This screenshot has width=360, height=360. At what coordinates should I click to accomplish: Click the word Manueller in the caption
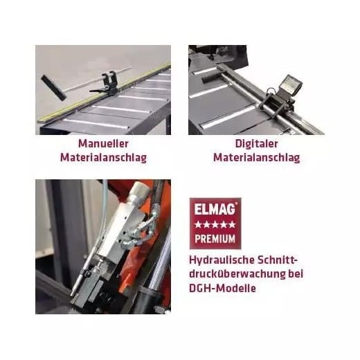(x=102, y=143)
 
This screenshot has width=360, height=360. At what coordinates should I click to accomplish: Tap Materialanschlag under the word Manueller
(x=102, y=157)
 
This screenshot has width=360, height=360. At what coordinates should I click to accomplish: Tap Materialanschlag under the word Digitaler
(x=256, y=157)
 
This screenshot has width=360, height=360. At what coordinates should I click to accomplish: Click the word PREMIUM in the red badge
(x=213, y=239)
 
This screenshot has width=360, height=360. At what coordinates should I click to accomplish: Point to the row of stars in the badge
(x=213, y=224)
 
